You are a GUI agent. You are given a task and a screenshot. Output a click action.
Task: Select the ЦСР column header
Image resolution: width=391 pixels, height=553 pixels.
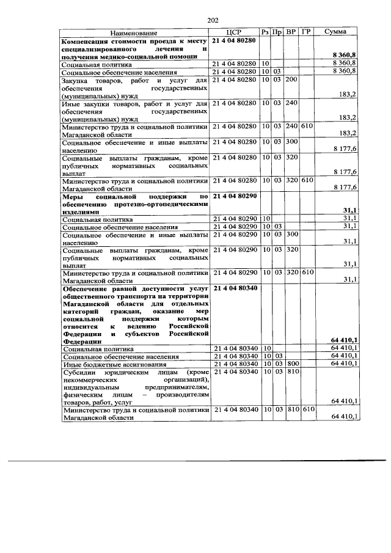(x=235, y=32)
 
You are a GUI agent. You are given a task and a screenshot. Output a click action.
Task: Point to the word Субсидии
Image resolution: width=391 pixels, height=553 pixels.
(x=80, y=372)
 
